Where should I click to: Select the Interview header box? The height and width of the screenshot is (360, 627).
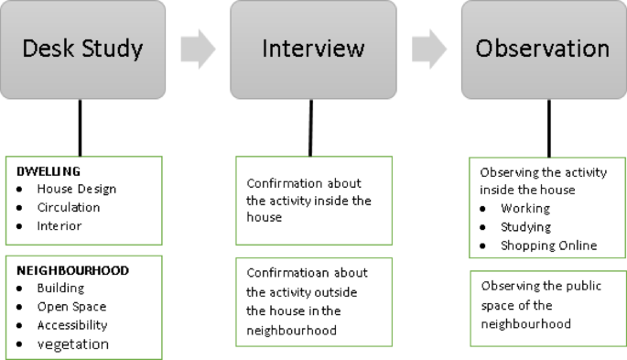(312, 49)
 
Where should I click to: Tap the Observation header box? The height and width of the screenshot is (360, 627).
(543, 49)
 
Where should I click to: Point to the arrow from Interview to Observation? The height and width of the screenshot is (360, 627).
(427, 50)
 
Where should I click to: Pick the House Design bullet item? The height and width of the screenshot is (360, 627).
(76, 189)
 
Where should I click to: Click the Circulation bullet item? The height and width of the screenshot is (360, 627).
(68, 207)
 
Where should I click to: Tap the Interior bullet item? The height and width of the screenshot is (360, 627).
(59, 225)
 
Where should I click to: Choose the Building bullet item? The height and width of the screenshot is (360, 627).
(61, 289)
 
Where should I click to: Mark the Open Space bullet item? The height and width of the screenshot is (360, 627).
(71, 307)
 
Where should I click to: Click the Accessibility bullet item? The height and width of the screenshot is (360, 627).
(71, 325)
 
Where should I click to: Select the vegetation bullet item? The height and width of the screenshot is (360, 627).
(72, 344)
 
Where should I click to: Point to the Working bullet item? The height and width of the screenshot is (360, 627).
(524, 208)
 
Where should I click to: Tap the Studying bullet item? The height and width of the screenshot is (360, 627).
(525, 226)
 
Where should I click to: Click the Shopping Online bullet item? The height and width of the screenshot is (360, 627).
(548, 245)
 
